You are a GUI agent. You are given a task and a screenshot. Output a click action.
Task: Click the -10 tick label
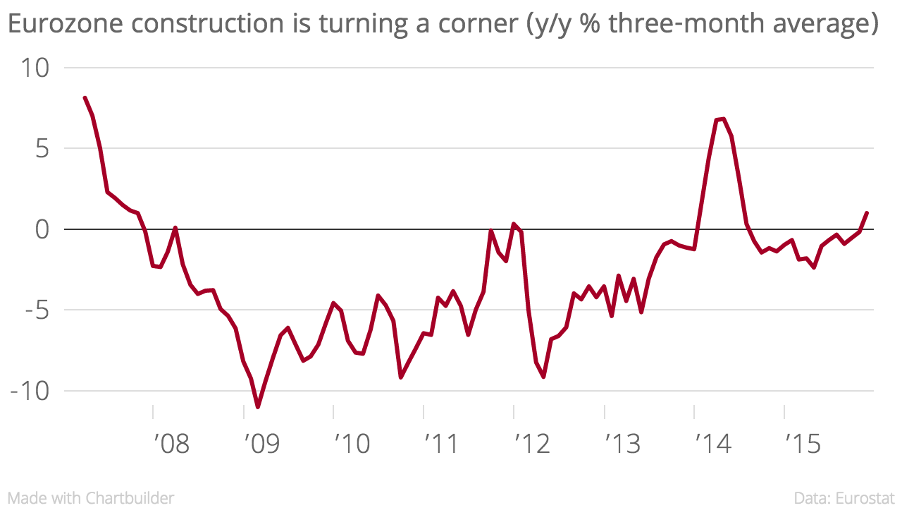click(30, 392)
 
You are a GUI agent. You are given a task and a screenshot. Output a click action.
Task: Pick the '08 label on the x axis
click(171, 445)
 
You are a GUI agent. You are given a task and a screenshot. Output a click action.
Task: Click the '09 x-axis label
click(261, 445)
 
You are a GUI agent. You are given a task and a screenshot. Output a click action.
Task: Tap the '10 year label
click(352, 445)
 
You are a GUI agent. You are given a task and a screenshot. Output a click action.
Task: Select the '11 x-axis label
click(442, 445)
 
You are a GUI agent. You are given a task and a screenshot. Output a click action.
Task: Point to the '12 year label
click(532, 445)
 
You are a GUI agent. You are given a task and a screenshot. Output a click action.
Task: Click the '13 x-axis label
click(623, 445)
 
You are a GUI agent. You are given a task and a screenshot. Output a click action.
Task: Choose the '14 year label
click(713, 445)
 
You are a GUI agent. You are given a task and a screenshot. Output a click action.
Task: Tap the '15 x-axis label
click(803, 445)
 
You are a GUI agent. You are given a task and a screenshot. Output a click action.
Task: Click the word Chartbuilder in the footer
click(130, 497)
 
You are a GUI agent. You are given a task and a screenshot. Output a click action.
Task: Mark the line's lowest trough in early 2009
click(258, 406)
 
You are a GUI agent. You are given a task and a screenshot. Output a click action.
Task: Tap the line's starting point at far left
click(85, 98)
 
